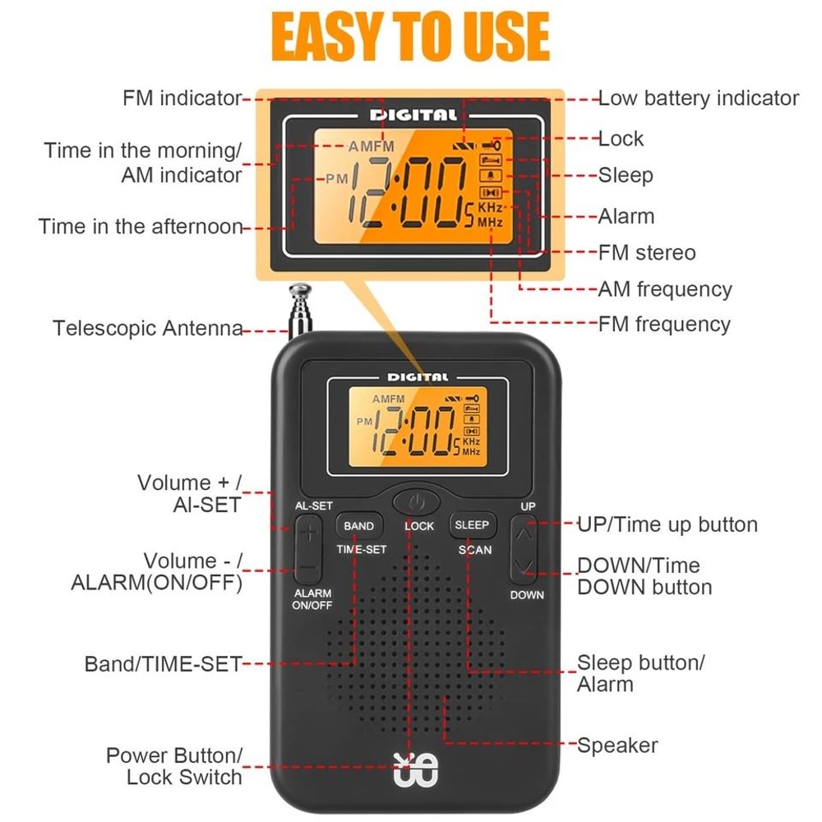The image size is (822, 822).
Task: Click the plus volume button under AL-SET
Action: point(308,533)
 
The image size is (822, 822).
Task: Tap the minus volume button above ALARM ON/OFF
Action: point(308,568)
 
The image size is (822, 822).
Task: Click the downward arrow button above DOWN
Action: point(526,566)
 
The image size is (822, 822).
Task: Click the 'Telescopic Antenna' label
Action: point(148,329)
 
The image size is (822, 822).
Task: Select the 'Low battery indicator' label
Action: point(698,99)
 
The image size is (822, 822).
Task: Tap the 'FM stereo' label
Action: point(647,252)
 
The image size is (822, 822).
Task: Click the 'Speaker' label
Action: point(617,746)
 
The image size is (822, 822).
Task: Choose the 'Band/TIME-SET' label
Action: point(163,663)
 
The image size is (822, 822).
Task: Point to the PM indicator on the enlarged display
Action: point(336,178)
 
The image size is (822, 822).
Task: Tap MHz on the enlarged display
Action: point(490,222)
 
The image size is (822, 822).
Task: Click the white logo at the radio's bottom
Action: point(417,769)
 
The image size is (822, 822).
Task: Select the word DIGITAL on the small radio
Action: point(418,377)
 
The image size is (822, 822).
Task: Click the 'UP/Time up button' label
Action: point(667,524)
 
